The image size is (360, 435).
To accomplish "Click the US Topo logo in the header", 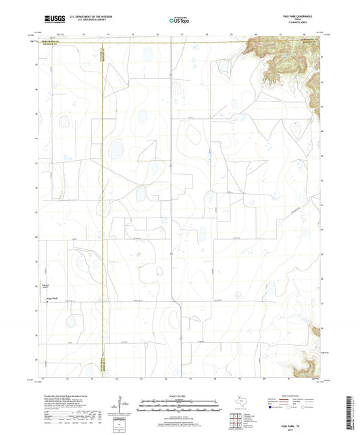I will [179, 20].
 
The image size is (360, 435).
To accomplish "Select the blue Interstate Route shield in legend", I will [272, 408].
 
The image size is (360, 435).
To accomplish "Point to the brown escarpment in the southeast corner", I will [307, 364].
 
